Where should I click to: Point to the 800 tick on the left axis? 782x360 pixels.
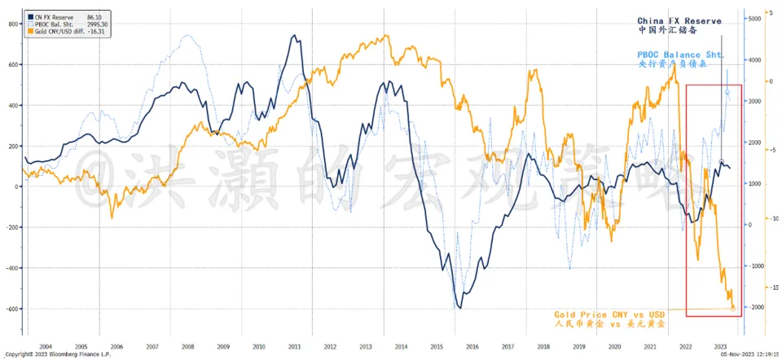pos(13,24)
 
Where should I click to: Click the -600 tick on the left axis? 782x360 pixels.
pos(11,308)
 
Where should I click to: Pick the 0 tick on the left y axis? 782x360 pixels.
pos(17,187)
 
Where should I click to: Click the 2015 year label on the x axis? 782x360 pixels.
pos(437,345)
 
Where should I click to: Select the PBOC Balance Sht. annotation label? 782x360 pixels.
pos(682,55)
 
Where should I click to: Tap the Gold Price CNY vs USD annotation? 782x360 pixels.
pos(610,314)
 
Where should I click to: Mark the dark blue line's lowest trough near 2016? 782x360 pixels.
pos(461,307)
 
